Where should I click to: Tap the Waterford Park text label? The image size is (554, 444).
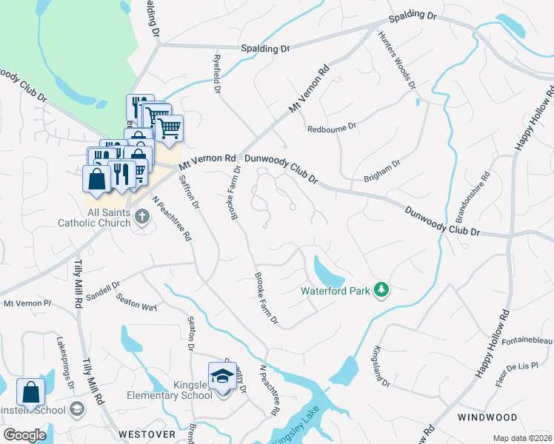[x=335, y=291]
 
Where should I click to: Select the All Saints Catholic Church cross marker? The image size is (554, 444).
[x=142, y=216]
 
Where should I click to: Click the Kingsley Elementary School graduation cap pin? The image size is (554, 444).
[x=222, y=377]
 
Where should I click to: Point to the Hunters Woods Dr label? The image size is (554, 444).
[x=396, y=60]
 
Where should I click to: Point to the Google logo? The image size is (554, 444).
[x=25, y=435]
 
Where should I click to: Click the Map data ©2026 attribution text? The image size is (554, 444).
[x=521, y=438]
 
